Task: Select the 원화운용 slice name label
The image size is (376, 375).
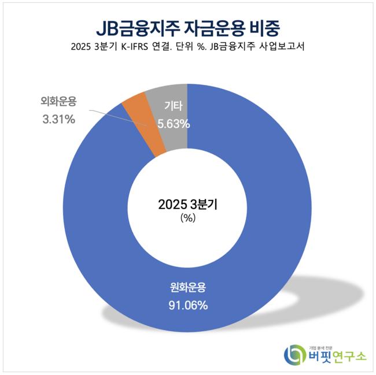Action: point(188,287)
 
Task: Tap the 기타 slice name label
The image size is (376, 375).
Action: point(173,107)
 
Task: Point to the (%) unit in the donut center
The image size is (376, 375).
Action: point(187,218)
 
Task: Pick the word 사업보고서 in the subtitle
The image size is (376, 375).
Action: point(283,48)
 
